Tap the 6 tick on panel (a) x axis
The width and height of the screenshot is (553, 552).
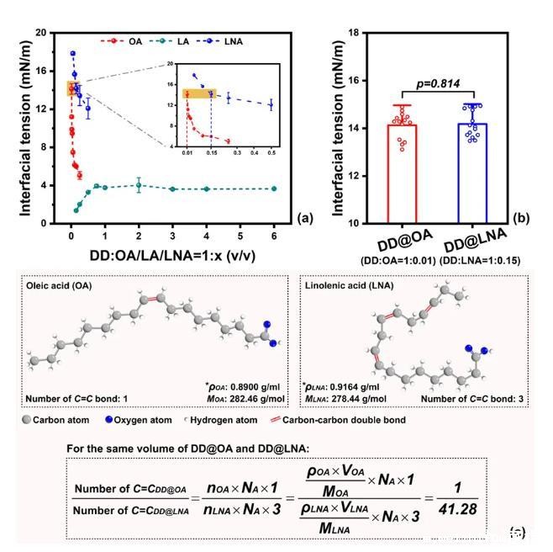[x=273, y=237]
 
